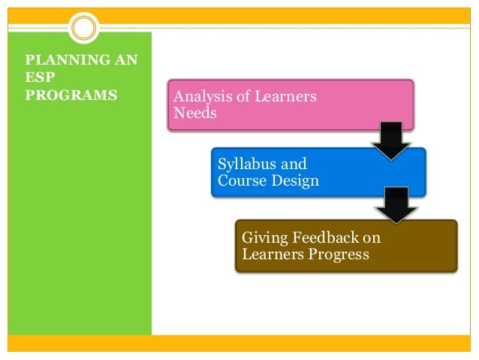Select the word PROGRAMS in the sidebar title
point(71,95)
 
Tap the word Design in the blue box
point(294,180)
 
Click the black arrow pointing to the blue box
point(391,141)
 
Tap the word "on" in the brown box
point(371,238)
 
